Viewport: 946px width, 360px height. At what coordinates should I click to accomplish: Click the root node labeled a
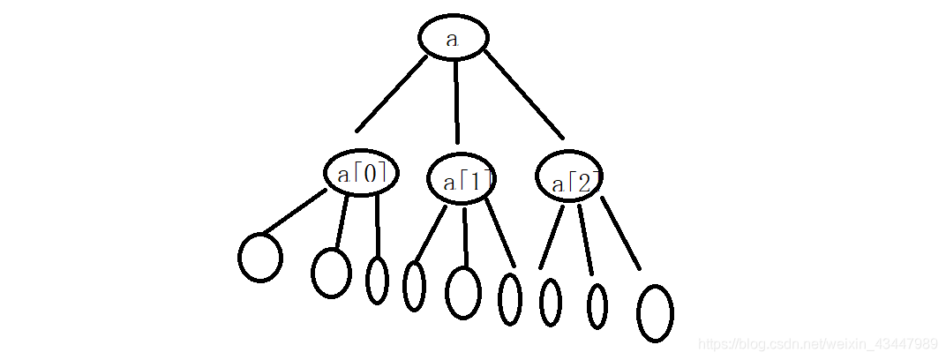pos(453,38)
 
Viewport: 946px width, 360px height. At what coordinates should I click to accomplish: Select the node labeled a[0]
pos(360,173)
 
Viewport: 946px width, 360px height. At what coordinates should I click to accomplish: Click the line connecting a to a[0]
pos(392,94)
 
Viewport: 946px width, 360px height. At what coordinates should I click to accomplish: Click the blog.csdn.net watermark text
pos(816,343)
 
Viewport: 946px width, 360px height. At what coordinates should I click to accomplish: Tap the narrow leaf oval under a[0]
pos(377,280)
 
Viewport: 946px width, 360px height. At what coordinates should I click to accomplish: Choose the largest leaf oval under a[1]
pos(463,291)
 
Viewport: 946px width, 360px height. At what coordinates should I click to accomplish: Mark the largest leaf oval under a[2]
pos(655,312)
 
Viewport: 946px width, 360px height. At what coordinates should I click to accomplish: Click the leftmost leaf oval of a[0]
pos(260,257)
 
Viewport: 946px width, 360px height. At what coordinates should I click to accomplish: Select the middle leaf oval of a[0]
pos(331,272)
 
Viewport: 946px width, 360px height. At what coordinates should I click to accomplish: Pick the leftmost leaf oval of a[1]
pos(414,286)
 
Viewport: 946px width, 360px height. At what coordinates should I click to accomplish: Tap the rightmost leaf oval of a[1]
pos(510,298)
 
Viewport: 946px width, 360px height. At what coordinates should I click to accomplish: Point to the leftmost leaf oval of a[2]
pos(550,302)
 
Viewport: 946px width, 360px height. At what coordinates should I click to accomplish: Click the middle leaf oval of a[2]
pos(597,306)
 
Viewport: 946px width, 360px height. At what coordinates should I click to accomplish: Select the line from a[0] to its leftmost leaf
pos(295,212)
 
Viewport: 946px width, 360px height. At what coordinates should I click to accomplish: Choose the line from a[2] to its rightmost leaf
pos(620,233)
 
